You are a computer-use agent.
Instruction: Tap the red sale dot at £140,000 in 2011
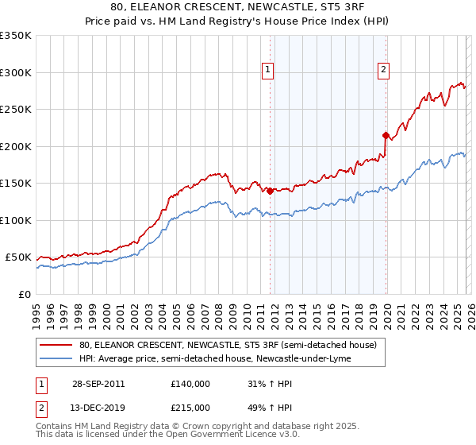click(271, 191)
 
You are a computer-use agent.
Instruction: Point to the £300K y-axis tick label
click(16, 72)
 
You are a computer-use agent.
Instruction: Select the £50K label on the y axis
click(19, 257)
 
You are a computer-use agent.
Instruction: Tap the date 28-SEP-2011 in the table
click(98, 384)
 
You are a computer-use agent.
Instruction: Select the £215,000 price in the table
click(190, 407)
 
